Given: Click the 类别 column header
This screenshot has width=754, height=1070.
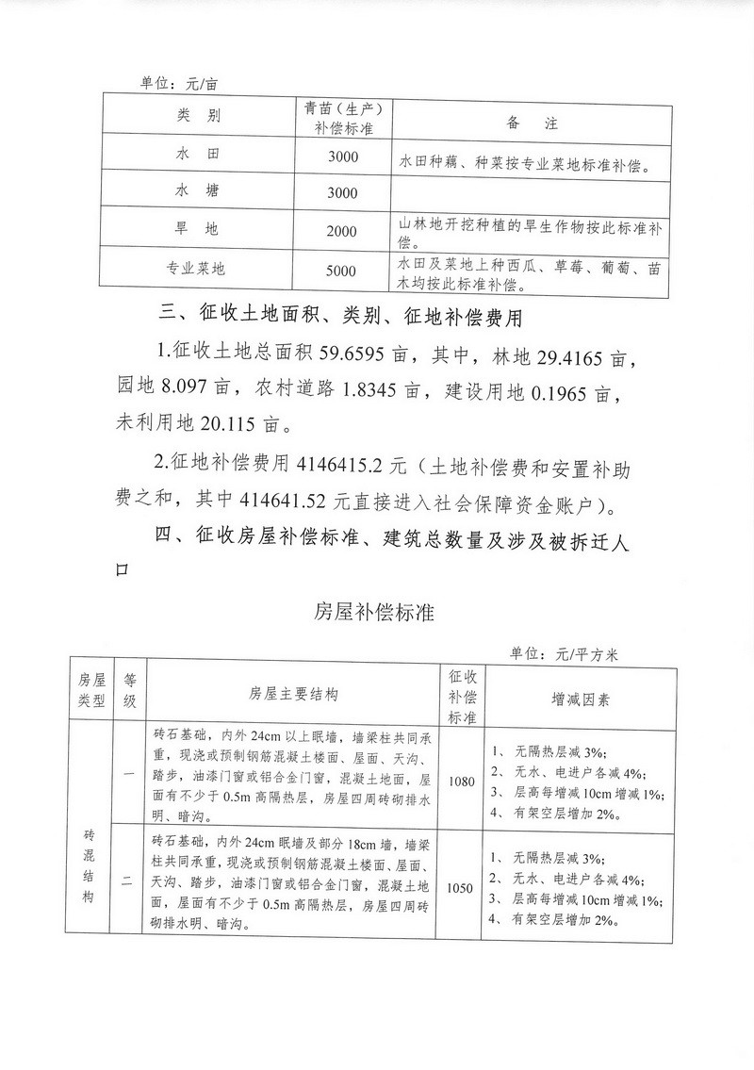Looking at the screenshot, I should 197,117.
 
